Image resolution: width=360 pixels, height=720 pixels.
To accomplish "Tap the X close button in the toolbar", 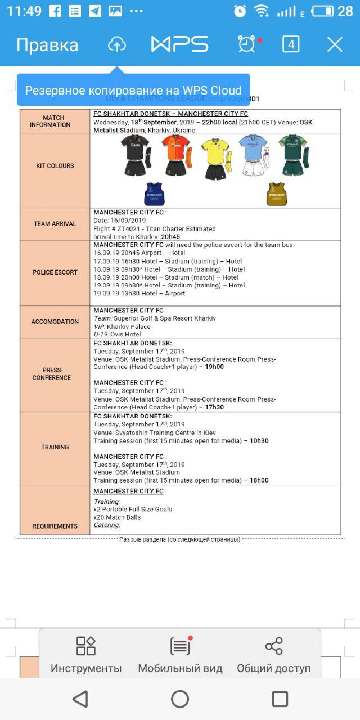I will click(335, 45).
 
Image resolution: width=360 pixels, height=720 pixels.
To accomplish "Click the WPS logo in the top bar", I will click(180, 44).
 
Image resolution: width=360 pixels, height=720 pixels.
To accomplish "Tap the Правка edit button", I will click(47, 45).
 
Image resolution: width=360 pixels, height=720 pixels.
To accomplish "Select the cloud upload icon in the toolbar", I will click(116, 44).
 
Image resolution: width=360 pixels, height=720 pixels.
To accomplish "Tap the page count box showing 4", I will click(290, 44).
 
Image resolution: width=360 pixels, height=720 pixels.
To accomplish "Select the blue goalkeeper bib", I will click(154, 193).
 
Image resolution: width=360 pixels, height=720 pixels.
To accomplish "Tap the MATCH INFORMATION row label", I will click(54, 121).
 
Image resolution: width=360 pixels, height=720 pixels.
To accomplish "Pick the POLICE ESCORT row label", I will click(55, 272).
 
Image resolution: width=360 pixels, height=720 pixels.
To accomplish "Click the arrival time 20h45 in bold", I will click(169, 237).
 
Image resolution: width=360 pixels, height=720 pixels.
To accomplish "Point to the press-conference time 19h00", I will click(214, 367).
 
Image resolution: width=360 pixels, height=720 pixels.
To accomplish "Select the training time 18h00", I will click(259, 480).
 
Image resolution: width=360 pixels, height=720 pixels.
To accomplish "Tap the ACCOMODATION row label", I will click(55, 322).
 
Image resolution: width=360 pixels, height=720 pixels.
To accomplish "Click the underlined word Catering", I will click(107, 525).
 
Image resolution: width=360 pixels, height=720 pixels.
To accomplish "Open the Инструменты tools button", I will click(86, 655).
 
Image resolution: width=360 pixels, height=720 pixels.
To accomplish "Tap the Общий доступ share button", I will click(273, 655).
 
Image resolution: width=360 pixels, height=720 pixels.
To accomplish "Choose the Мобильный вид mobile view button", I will click(180, 655).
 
